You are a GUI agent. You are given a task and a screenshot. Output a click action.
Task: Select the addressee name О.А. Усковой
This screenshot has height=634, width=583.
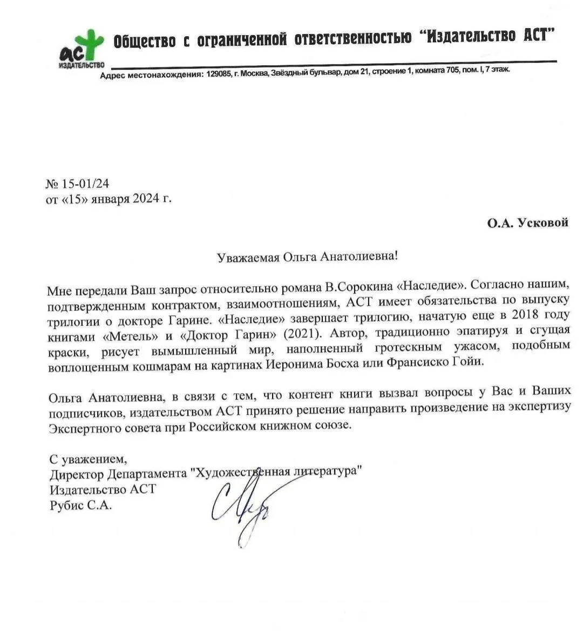click(x=527, y=222)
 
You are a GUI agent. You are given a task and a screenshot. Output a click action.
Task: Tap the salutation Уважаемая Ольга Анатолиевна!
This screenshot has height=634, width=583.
click(x=307, y=257)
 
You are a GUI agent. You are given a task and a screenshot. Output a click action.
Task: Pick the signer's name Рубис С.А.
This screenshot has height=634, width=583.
click(x=80, y=505)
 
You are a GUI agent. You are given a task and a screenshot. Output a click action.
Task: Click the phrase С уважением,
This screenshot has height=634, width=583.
click(x=88, y=460)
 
